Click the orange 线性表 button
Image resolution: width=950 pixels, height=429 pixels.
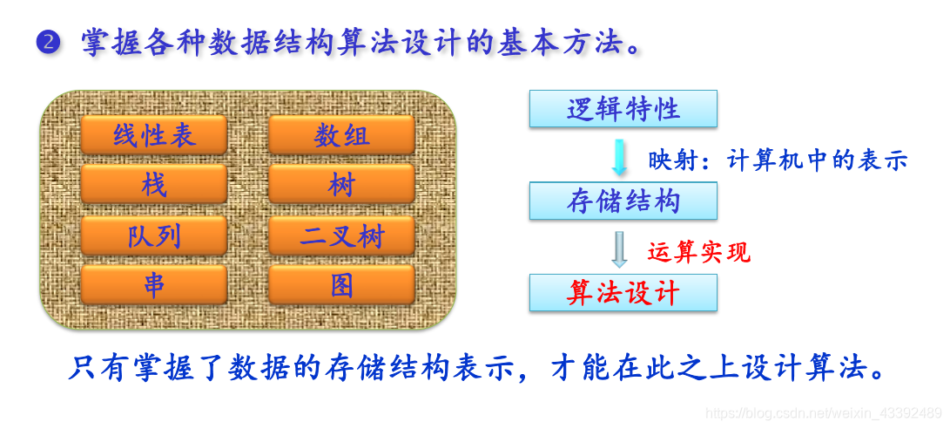pyautogui.click(x=154, y=135)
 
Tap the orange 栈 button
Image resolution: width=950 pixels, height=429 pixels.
pyautogui.click(x=154, y=185)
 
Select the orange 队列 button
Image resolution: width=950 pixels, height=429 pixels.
pyautogui.click(x=154, y=235)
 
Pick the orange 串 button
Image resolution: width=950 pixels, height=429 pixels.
pyautogui.click(x=154, y=285)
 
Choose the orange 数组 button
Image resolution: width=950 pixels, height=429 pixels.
pyautogui.click(x=341, y=135)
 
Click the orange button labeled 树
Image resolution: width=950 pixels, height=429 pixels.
pyautogui.click(x=341, y=185)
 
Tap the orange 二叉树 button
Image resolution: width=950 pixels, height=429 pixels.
pyautogui.click(x=341, y=235)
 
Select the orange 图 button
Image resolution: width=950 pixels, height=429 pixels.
pyautogui.click(x=341, y=285)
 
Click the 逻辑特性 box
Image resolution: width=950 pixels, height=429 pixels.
pyautogui.click(x=623, y=109)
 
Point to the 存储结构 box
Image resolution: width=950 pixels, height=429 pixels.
pyautogui.click(x=623, y=201)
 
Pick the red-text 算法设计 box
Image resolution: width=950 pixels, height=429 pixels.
pyautogui.click(x=623, y=293)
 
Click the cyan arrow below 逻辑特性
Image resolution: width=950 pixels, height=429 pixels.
pyautogui.click(x=619, y=156)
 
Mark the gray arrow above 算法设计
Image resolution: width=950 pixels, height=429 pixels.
pyautogui.click(x=619, y=249)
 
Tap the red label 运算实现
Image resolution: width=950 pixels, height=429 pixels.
pyautogui.click(x=698, y=252)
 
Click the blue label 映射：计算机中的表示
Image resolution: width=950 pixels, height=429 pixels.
pyautogui.click(x=778, y=160)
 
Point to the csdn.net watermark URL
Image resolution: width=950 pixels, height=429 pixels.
pyautogui.click(x=823, y=412)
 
